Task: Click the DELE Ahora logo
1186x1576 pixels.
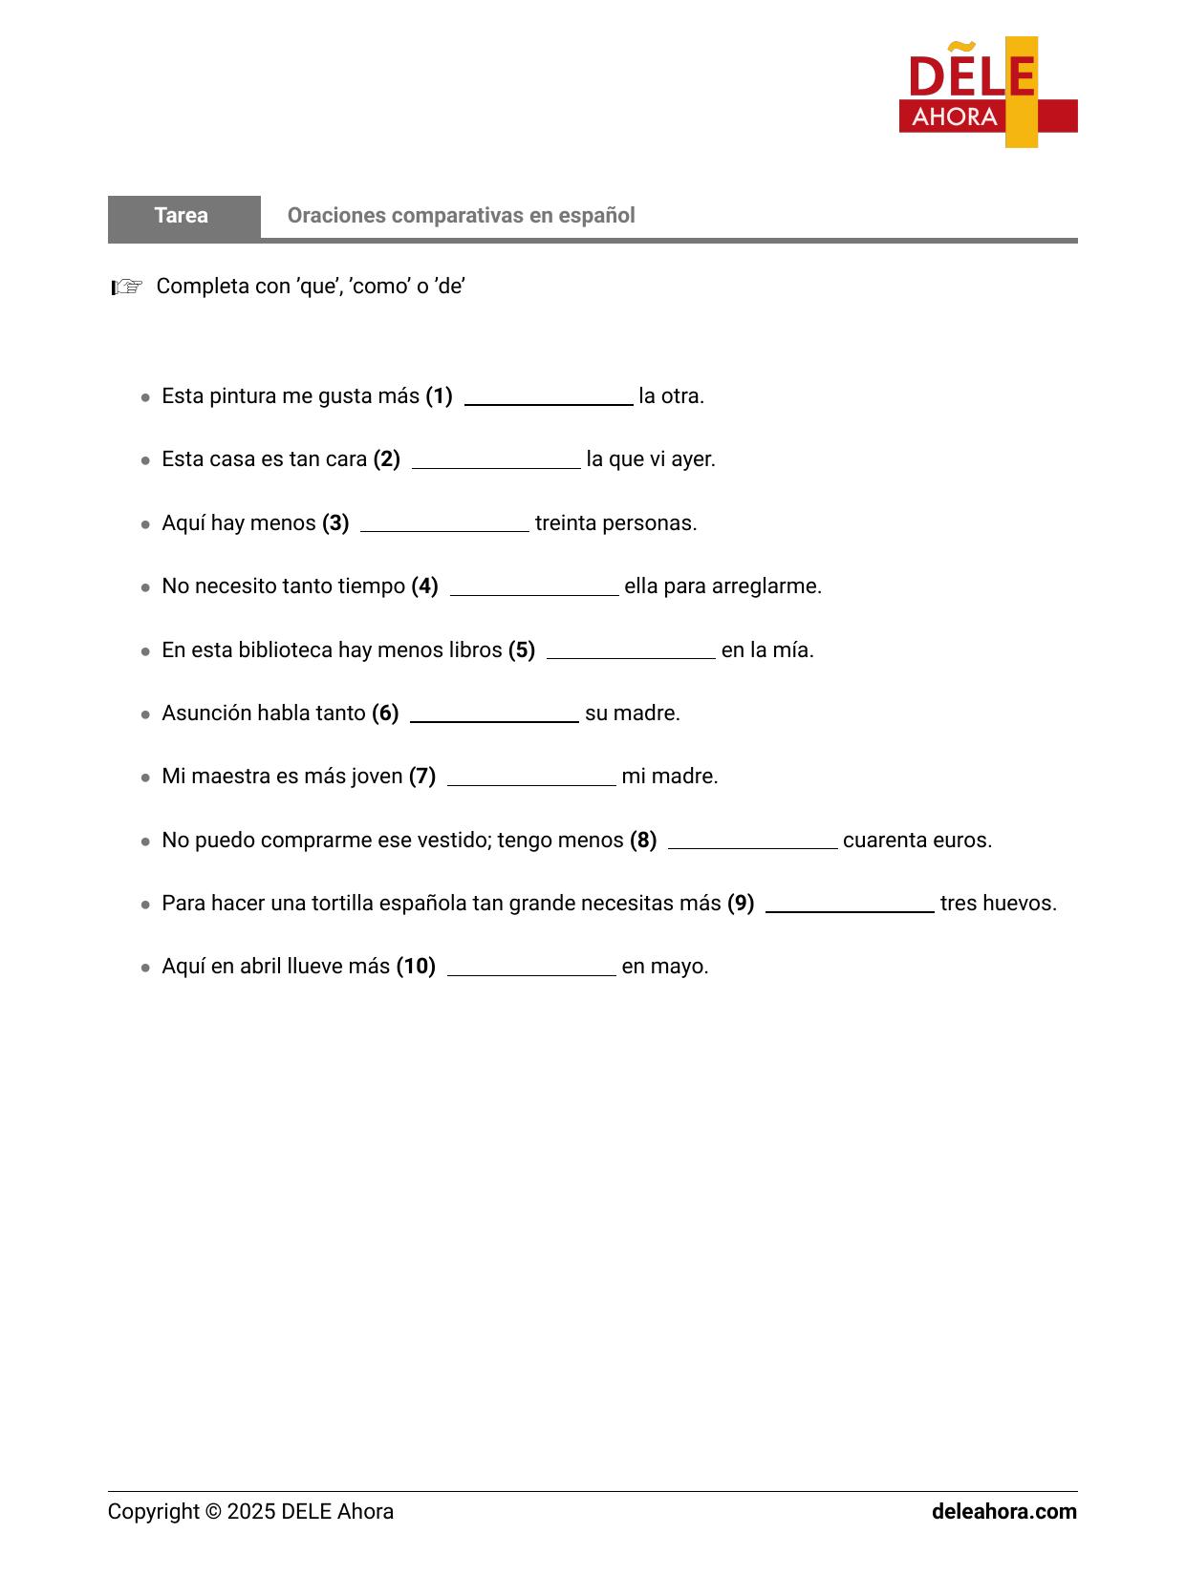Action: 987,93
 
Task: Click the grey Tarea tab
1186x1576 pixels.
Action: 183,216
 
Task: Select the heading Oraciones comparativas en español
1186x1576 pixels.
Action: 461,216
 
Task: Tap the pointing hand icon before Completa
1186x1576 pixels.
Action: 127,287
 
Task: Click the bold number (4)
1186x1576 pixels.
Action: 424,586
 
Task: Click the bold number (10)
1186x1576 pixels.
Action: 416,967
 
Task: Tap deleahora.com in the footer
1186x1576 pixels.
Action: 1003,1512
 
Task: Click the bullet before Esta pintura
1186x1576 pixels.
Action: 145,397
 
